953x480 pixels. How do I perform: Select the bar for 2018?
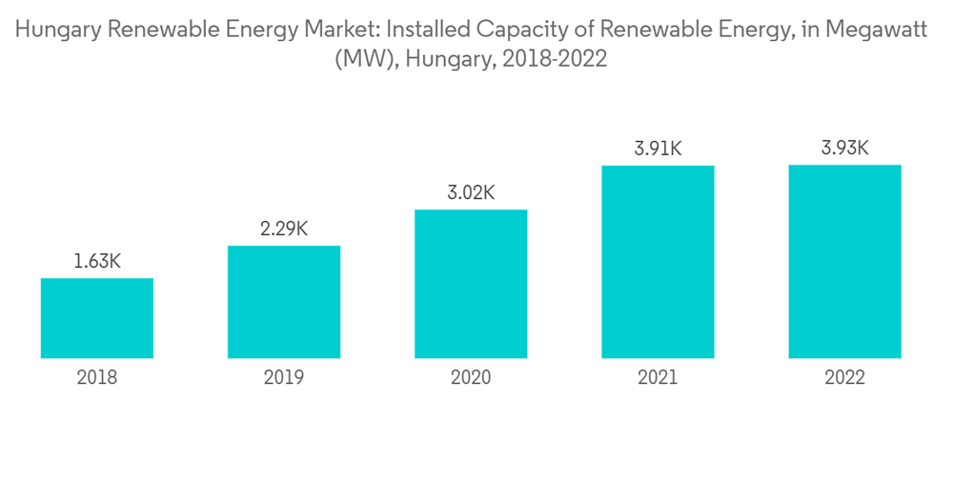point(97,318)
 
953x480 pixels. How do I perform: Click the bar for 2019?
point(284,302)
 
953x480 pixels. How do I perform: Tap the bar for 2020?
point(471,284)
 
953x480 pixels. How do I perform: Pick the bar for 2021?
point(658,262)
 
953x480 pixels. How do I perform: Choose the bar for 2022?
point(844,261)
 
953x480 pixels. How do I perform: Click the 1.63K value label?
point(97,261)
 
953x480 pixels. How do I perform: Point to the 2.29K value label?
point(284,229)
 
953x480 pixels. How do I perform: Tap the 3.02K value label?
point(471,192)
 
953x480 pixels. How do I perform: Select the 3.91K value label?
point(658,149)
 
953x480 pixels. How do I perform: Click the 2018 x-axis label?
point(97,378)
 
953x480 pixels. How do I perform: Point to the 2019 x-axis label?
point(284,378)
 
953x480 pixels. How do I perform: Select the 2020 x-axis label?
point(471,378)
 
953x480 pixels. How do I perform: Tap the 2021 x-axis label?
point(658,378)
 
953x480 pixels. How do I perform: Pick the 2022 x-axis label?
point(844,378)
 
